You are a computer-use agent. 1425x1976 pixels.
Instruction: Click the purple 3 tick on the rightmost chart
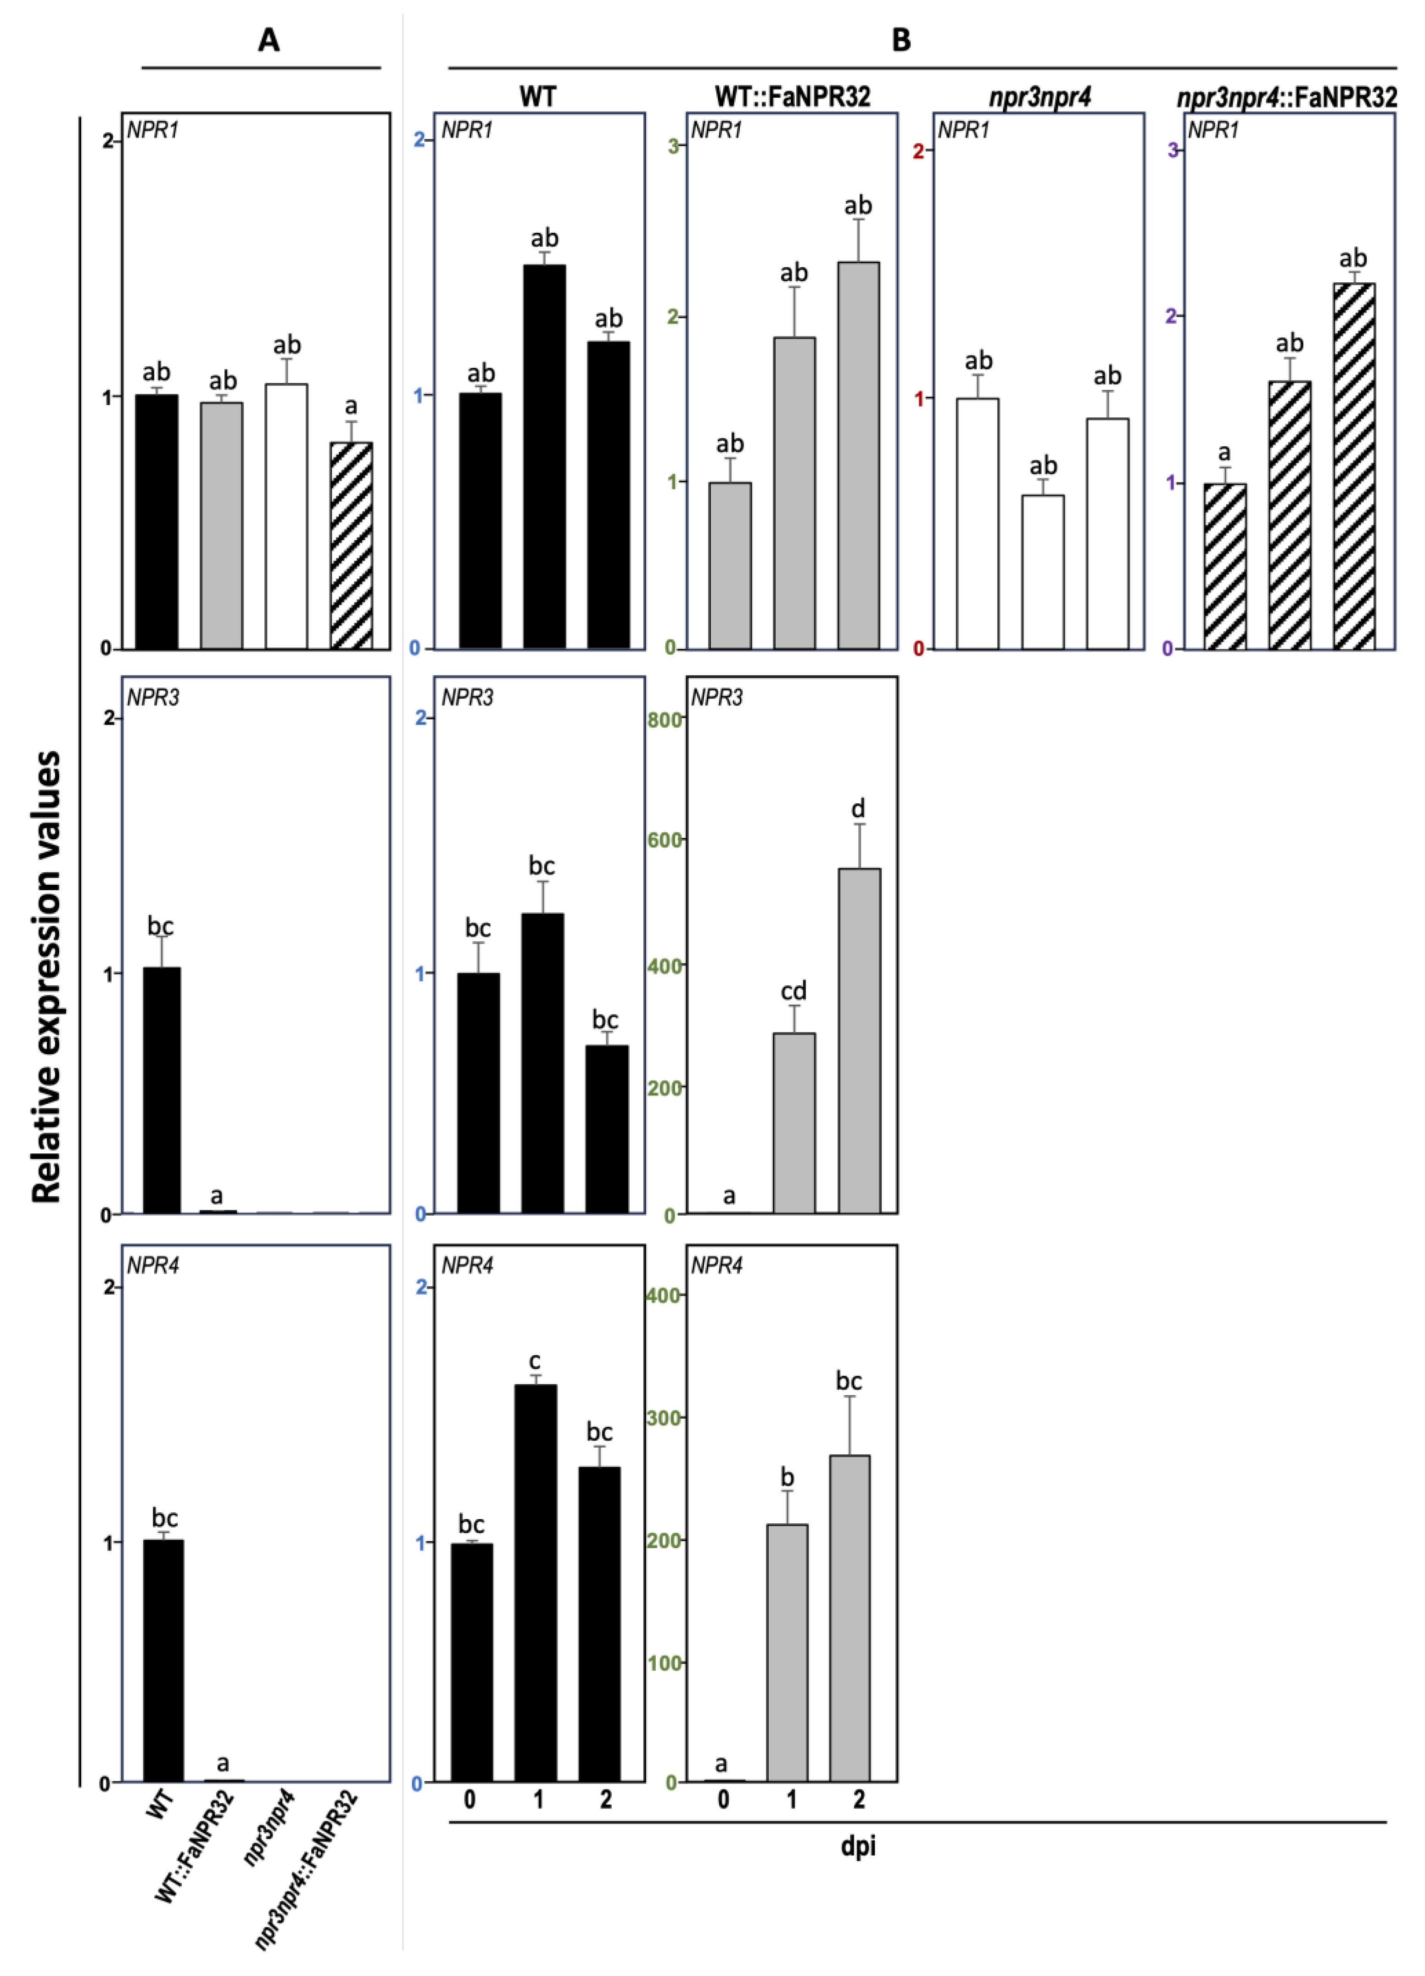1173,151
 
